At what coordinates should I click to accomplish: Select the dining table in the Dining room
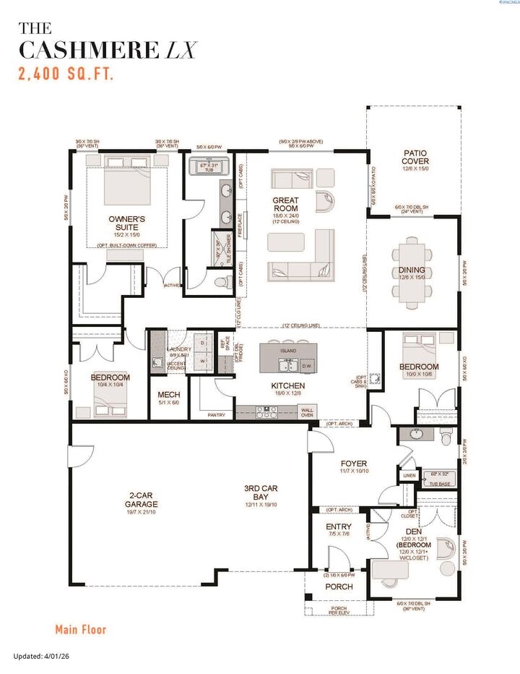[x=412, y=270]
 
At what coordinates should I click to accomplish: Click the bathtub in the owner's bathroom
[x=209, y=167]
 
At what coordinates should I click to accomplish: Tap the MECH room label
[x=168, y=395]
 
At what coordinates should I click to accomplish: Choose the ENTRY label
[x=339, y=526]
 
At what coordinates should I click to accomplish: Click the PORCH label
[x=338, y=586]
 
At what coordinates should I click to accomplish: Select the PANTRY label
[x=216, y=415]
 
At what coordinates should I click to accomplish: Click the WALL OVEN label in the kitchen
[x=307, y=411]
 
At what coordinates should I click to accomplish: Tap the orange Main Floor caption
[x=80, y=629]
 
